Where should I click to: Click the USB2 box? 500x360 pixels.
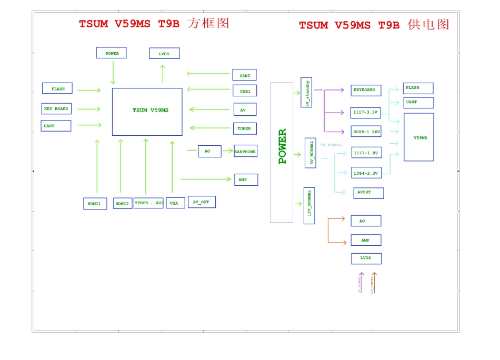[244, 75]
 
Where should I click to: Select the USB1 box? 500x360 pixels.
[245, 91]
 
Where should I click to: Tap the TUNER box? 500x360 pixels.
[245, 128]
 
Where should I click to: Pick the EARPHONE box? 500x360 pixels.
[245, 152]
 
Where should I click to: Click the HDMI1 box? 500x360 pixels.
[95, 204]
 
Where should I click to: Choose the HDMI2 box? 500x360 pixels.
[123, 204]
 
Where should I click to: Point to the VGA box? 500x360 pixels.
[175, 203]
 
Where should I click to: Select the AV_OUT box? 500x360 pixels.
[202, 202]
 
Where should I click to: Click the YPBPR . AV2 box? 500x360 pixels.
[148, 203]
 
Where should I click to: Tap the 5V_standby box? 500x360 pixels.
[306, 93]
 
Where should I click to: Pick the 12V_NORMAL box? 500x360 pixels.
[309, 205]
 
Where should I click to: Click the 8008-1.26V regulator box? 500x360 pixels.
[366, 132]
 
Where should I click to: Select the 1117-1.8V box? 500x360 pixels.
[366, 153]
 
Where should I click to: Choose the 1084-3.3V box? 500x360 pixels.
[366, 173]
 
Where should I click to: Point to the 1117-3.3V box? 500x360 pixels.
[365, 113]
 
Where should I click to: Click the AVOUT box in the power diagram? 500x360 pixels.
[368, 193]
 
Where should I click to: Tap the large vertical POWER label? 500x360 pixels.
[282, 147]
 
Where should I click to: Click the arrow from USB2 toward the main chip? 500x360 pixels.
[209, 74]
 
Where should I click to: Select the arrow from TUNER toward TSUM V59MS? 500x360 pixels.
[211, 128]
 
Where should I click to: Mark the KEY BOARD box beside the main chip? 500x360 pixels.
[56, 109]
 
